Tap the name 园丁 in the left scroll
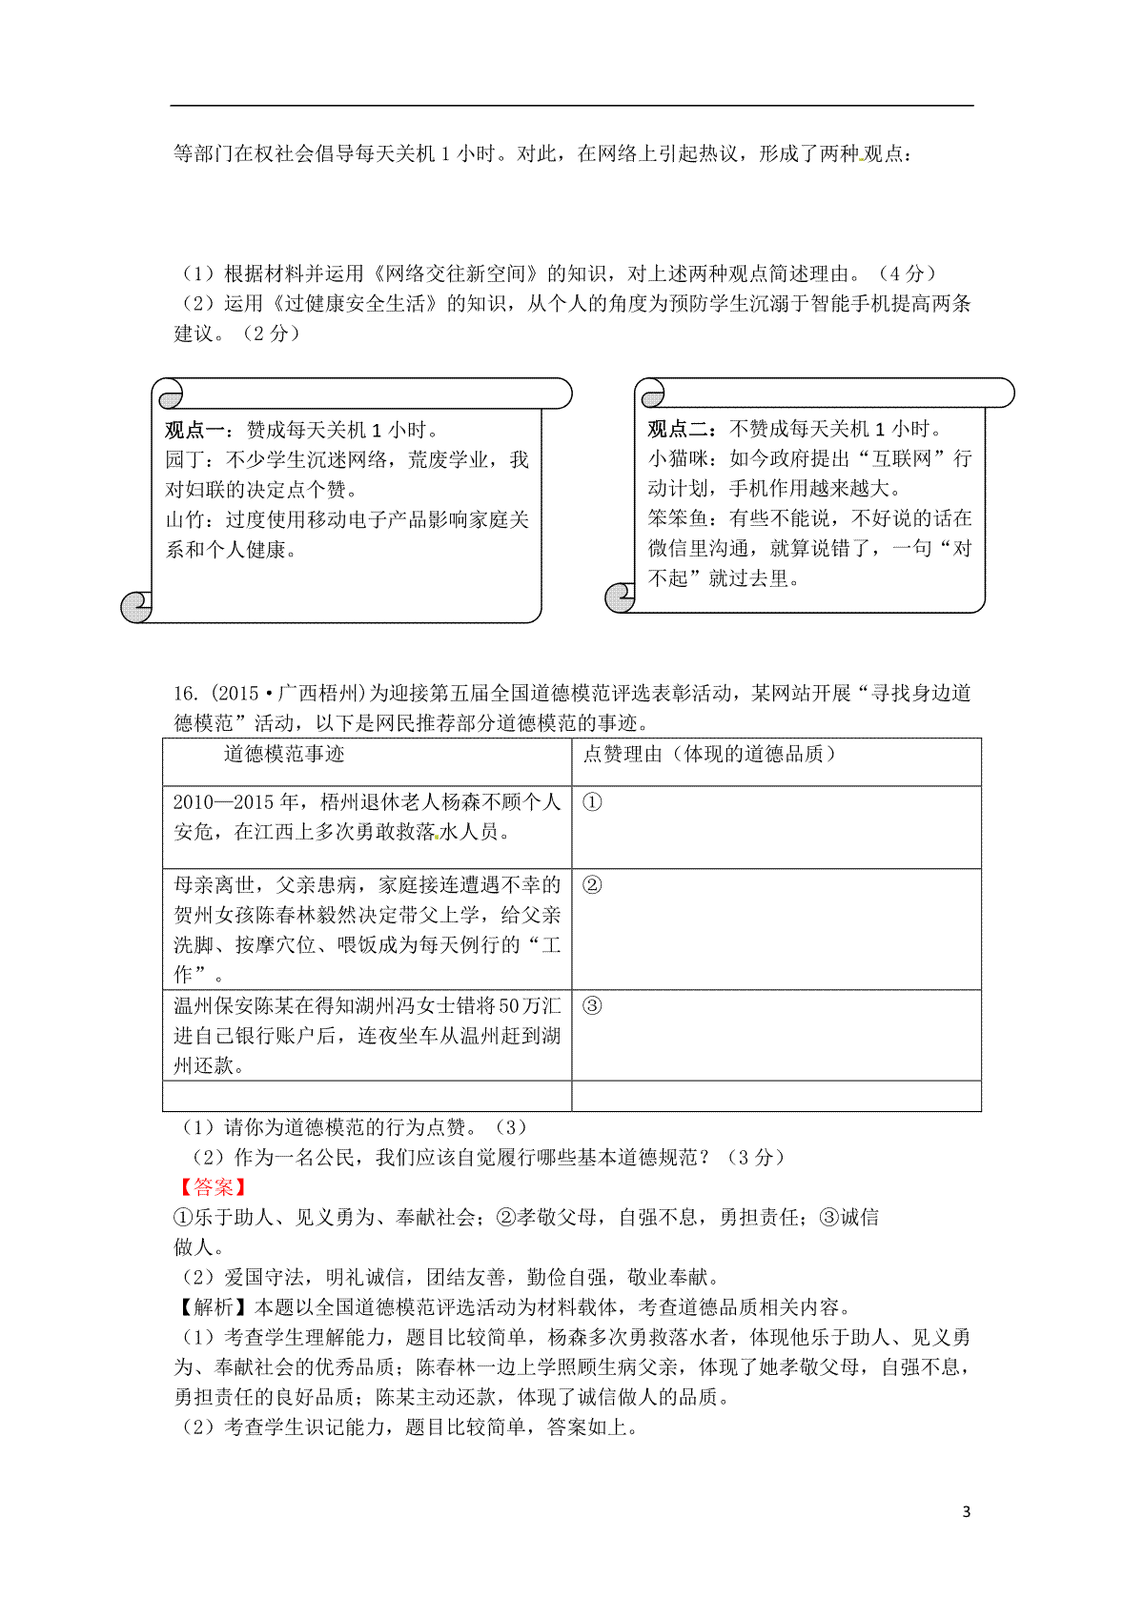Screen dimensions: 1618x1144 tap(185, 460)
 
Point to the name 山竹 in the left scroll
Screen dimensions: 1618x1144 tap(185, 520)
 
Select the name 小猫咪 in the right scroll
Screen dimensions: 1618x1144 tap(678, 459)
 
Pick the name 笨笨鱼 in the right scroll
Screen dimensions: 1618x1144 tap(678, 518)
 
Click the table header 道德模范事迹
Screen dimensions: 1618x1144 tap(284, 755)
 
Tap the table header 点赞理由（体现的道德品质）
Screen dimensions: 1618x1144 tap(711, 755)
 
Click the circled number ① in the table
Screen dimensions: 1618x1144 tap(592, 802)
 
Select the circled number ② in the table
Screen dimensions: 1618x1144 tap(592, 885)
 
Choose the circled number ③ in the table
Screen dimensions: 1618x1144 tap(592, 1006)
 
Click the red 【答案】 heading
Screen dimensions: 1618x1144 tap(214, 1187)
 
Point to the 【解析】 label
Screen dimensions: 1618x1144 tap(214, 1307)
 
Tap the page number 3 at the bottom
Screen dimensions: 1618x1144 tap(967, 1512)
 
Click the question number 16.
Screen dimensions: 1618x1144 tap(184, 694)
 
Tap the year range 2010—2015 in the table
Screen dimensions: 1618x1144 tap(225, 802)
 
